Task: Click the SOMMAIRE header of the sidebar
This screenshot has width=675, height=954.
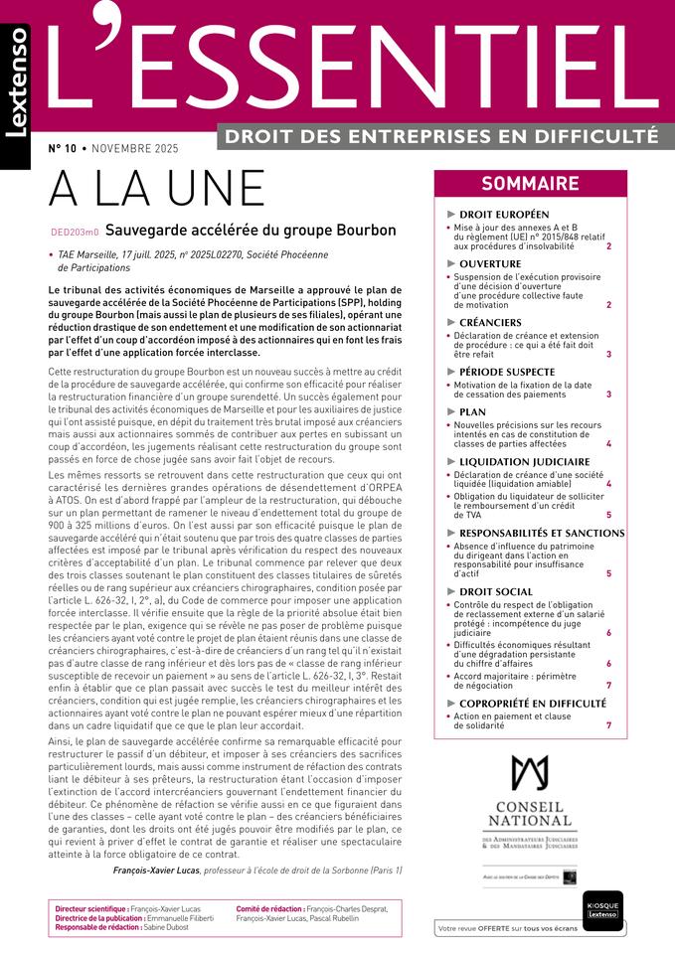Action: pos(530,184)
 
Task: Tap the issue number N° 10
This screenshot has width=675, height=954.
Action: pos(63,149)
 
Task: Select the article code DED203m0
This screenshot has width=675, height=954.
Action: pos(74,232)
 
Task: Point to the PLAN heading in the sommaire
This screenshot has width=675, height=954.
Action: pos(473,411)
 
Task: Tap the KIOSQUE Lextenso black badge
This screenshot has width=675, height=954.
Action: pos(602,910)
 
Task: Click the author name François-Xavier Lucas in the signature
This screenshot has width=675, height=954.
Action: pos(157,871)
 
